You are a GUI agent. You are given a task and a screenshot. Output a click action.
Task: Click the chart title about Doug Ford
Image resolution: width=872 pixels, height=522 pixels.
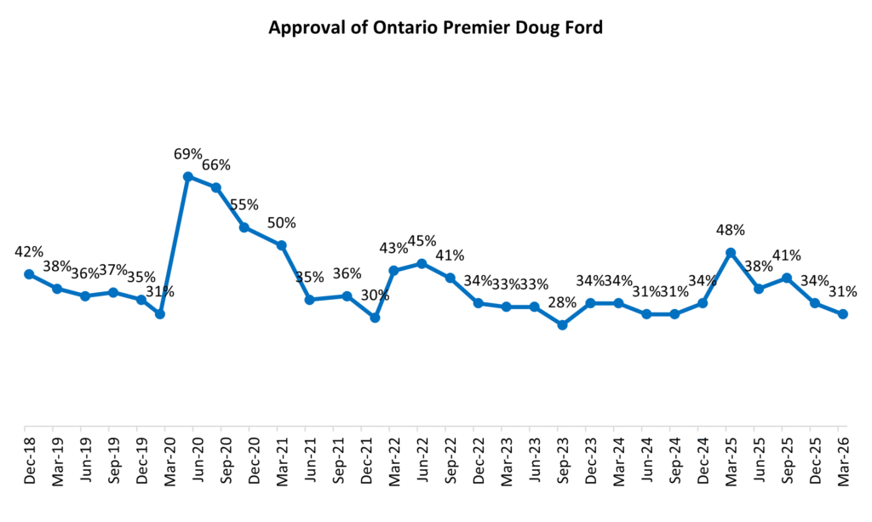(x=435, y=27)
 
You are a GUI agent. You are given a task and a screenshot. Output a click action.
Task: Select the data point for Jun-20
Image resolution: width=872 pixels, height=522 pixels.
(x=188, y=177)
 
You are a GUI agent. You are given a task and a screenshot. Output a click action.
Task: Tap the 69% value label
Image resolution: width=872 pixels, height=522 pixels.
(x=188, y=154)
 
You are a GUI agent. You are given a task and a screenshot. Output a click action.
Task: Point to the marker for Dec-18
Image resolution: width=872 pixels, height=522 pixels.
(x=29, y=274)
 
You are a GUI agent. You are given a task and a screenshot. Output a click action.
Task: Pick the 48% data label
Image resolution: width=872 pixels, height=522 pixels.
(x=731, y=229)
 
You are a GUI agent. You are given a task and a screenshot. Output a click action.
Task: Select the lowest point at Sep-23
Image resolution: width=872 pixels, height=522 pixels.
(x=562, y=324)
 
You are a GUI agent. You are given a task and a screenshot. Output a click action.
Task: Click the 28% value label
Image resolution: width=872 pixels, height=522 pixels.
(x=562, y=302)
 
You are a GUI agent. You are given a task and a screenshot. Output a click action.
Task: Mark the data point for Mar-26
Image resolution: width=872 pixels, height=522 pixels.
(x=843, y=314)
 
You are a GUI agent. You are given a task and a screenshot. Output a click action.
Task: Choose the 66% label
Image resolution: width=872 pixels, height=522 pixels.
(x=216, y=165)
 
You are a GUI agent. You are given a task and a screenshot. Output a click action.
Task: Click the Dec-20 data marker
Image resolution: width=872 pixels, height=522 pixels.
(x=244, y=227)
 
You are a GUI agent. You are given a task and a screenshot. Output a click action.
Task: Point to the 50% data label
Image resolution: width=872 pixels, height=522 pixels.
(x=282, y=223)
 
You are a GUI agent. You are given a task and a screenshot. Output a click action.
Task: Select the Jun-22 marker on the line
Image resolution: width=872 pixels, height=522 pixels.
(x=422, y=263)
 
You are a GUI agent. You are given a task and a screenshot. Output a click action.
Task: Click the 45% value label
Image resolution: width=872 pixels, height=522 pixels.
(x=422, y=241)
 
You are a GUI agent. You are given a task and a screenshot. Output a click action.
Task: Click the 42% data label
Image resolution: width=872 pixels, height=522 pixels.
(x=29, y=252)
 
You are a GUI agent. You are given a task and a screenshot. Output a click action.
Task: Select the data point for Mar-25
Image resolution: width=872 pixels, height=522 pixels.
(x=731, y=252)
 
